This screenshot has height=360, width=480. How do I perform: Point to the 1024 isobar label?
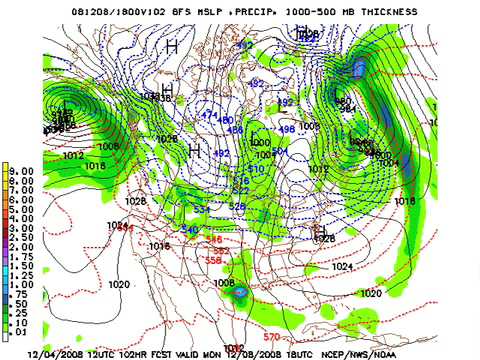(x=342, y=267)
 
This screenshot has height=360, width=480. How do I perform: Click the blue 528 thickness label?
(x=237, y=205)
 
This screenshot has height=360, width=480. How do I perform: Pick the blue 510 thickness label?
(x=255, y=169)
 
